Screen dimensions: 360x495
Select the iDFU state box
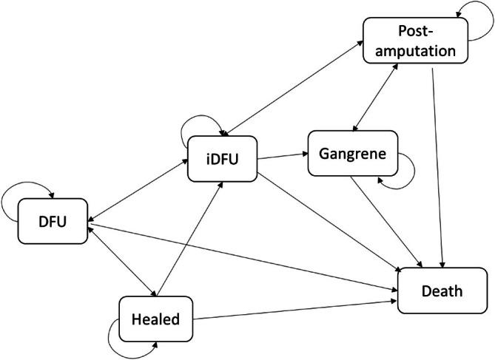(221, 157)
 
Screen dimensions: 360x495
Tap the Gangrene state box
(353, 153)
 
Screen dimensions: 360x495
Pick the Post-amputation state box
(415, 41)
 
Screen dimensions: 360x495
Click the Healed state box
(155, 319)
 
